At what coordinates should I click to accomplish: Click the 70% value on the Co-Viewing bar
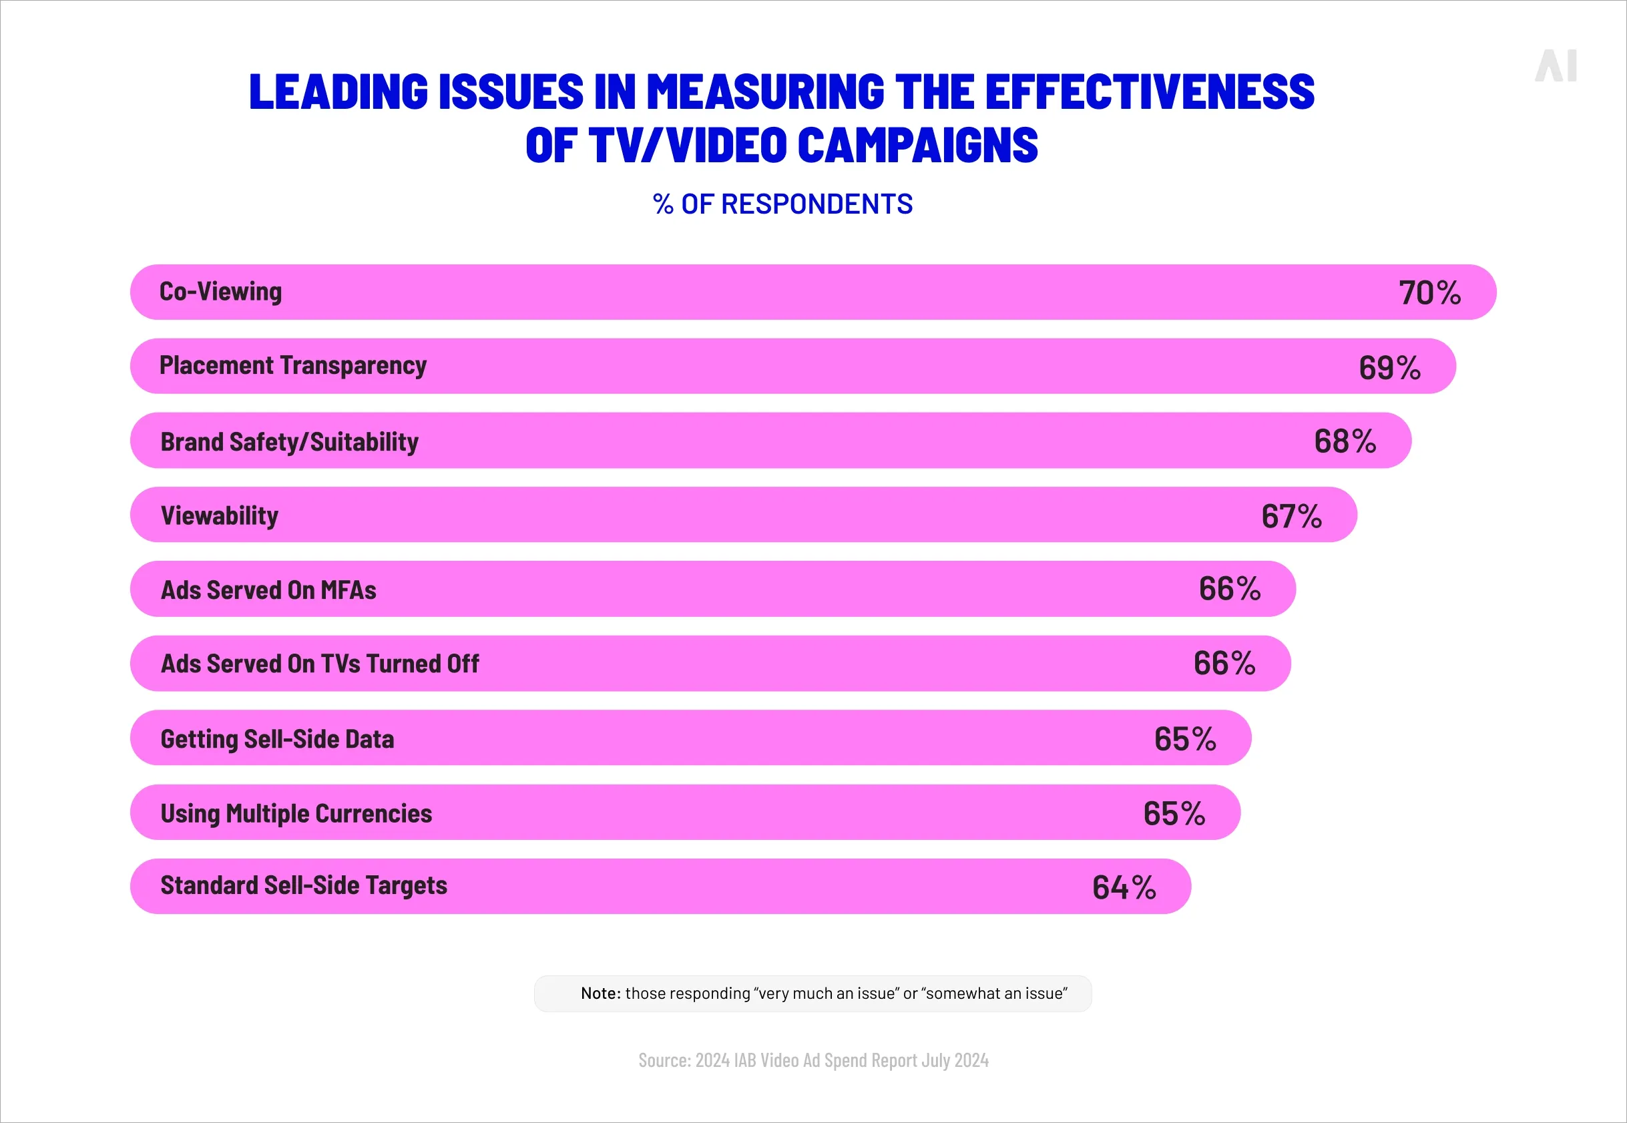pos(1429,292)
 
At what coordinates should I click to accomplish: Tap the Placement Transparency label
pos(292,366)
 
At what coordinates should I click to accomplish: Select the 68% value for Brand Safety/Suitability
pos(1344,441)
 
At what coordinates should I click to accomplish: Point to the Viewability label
pos(220,515)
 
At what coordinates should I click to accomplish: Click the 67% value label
pos(1291,515)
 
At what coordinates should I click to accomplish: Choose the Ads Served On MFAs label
pos(268,590)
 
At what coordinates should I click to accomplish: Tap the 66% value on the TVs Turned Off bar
pos(1224,664)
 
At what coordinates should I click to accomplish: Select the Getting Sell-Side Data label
pos(277,739)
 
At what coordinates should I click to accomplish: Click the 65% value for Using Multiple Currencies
pos(1173,813)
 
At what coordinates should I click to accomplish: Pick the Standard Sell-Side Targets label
pos(303,885)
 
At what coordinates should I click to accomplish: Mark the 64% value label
pos(1124,887)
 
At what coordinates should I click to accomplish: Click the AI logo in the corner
pos(1556,66)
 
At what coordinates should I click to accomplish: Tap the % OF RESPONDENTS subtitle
pos(782,204)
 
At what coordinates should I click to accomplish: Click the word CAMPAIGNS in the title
pos(917,146)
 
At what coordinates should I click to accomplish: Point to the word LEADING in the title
pos(338,92)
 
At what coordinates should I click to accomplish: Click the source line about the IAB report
pos(813,1060)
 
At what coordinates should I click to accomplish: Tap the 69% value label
pos(1389,367)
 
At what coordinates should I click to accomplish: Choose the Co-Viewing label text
pos(220,291)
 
